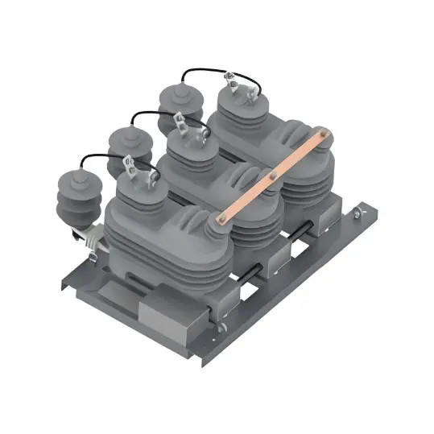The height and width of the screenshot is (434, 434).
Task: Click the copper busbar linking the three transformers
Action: coord(274,172)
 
